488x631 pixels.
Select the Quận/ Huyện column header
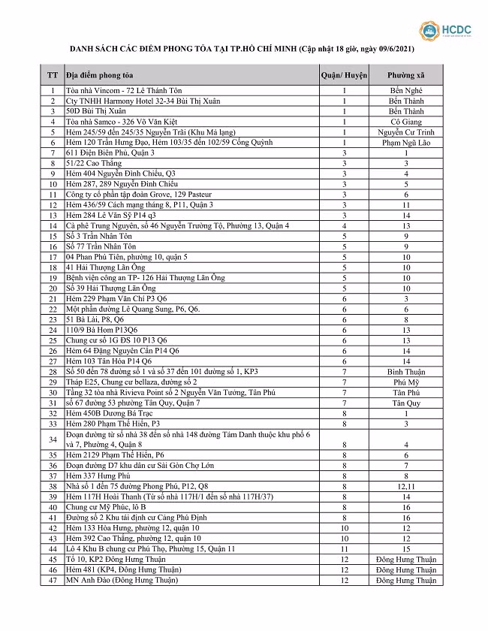pyautogui.click(x=343, y=76)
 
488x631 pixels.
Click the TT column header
pyautogui.click(x=53, y=76)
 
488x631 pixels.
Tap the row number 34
pyautogui.click(x=53, y=439)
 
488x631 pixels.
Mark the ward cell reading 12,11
pyautogui.click(x=405, y=486)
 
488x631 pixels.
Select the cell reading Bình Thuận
pyautogui.click(x=405, y=371)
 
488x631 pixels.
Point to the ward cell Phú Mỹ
pyautogui.click(x=405, y=382)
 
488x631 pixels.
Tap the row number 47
pyautogui.click(x=53, y=580)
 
